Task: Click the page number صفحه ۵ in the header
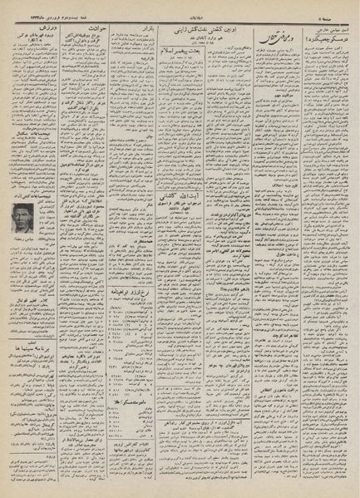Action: pyautogui.click(x=344, y=7)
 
